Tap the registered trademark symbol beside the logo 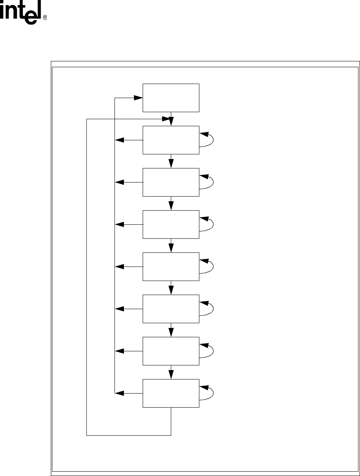click(x=45, y=18)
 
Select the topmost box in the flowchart click(x=171, y=98)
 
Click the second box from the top click(x=171, y=140)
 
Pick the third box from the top click(x=171, y=182)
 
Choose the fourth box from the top click(x=171, y=224)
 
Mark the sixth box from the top click(x=171, y=309)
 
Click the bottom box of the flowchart click(x=171, y=393)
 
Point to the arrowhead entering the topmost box click(x=138, y=98)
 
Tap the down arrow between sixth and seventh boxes click(x=171, y=330)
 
